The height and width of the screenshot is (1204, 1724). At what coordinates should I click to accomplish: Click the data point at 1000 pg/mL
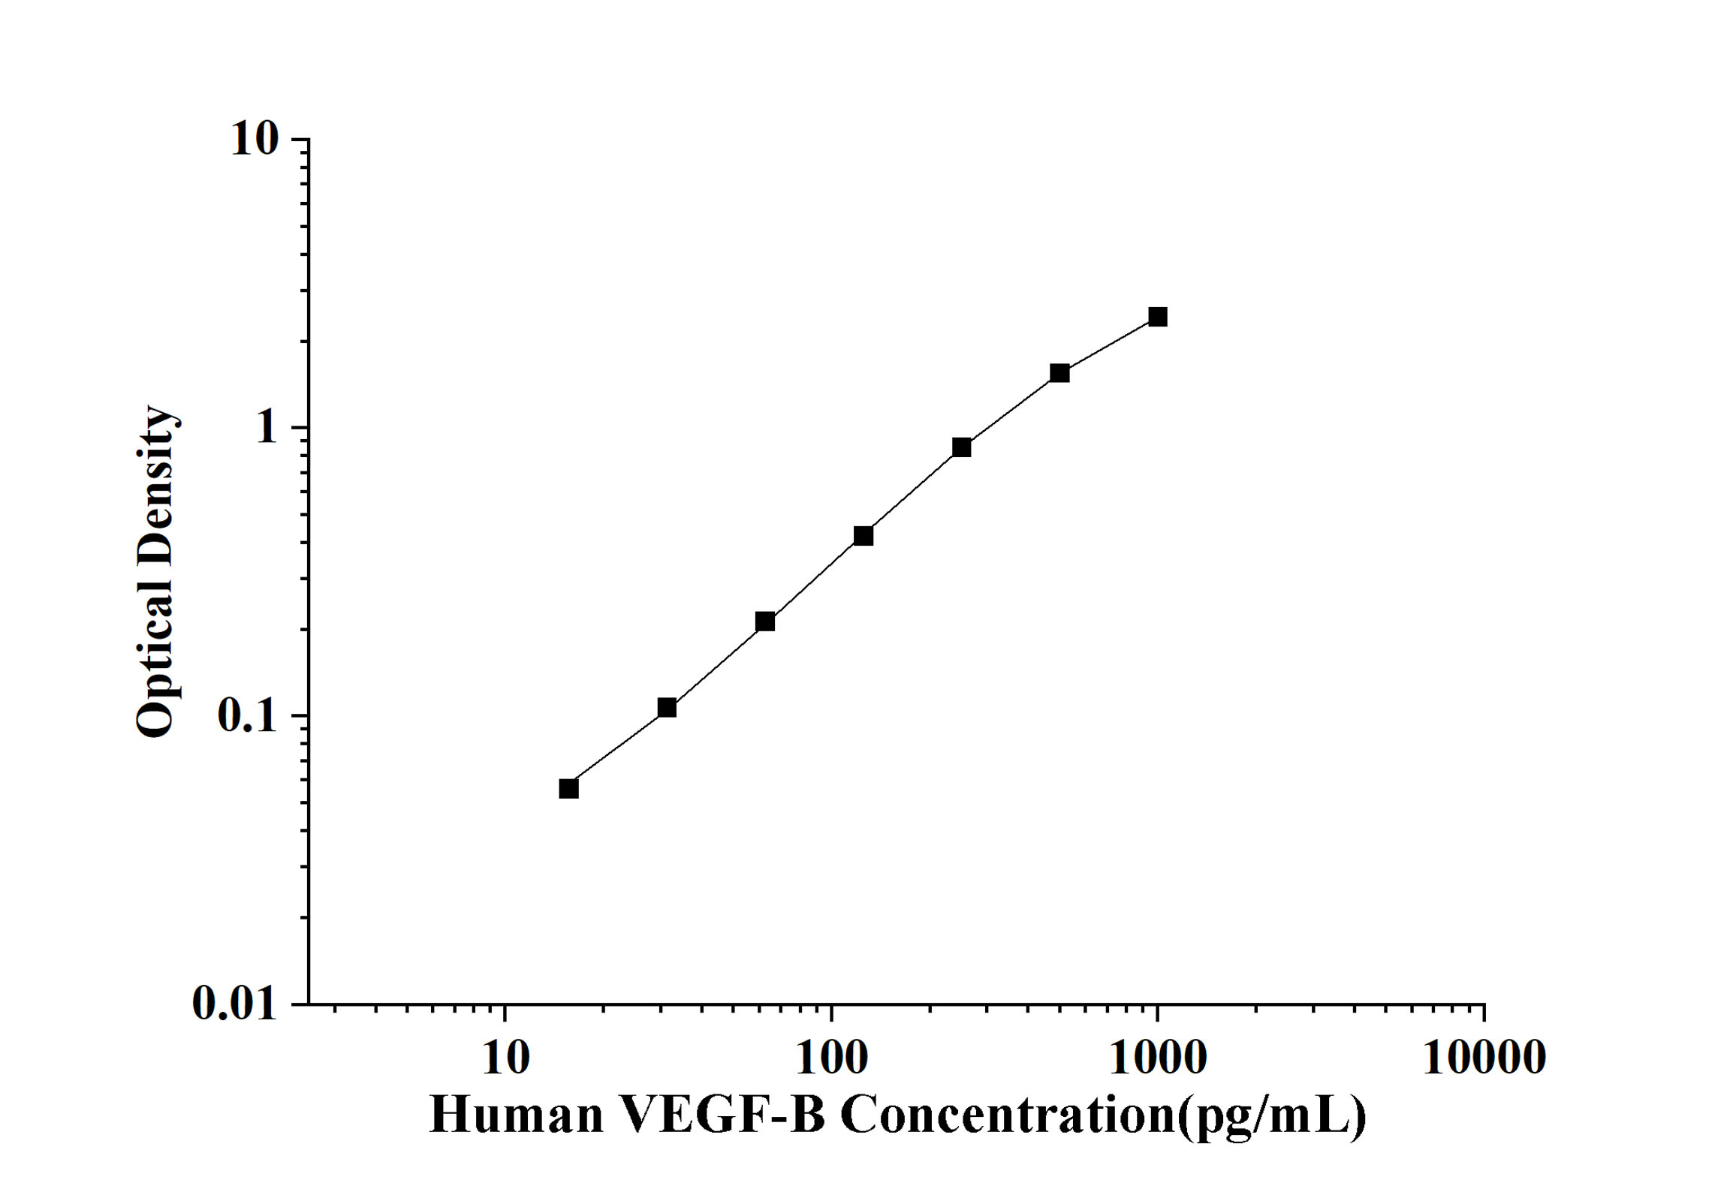coord(1158,317)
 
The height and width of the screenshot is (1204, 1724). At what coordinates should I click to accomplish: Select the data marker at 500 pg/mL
coord(1059,373)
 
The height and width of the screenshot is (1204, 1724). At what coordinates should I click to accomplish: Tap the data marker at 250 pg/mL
coord(962,447)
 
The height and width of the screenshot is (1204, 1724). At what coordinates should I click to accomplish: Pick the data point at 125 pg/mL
coord(864,536)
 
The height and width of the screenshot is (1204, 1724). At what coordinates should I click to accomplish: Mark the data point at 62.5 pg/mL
coord(765,622)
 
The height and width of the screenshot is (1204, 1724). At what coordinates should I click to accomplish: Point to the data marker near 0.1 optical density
coord(667,708)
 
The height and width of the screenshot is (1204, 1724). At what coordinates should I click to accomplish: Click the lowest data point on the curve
coord(569,789)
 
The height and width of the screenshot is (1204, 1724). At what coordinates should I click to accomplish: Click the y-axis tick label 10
coord(255,140)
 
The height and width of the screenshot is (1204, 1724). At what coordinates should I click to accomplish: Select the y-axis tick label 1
coord(267,429)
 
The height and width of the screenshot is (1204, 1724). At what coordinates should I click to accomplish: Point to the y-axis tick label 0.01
coord(235,1003)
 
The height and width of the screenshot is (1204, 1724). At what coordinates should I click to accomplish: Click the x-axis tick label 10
coord(505,1058)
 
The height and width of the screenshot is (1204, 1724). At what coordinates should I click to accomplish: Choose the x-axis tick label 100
coord(831,1058)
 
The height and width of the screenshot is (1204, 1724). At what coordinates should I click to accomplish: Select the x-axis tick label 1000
coord(1157,1058)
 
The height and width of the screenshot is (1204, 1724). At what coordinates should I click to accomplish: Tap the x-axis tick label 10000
coord(1484,1058)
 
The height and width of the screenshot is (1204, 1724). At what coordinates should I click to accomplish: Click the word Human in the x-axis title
coord(517,1115)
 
